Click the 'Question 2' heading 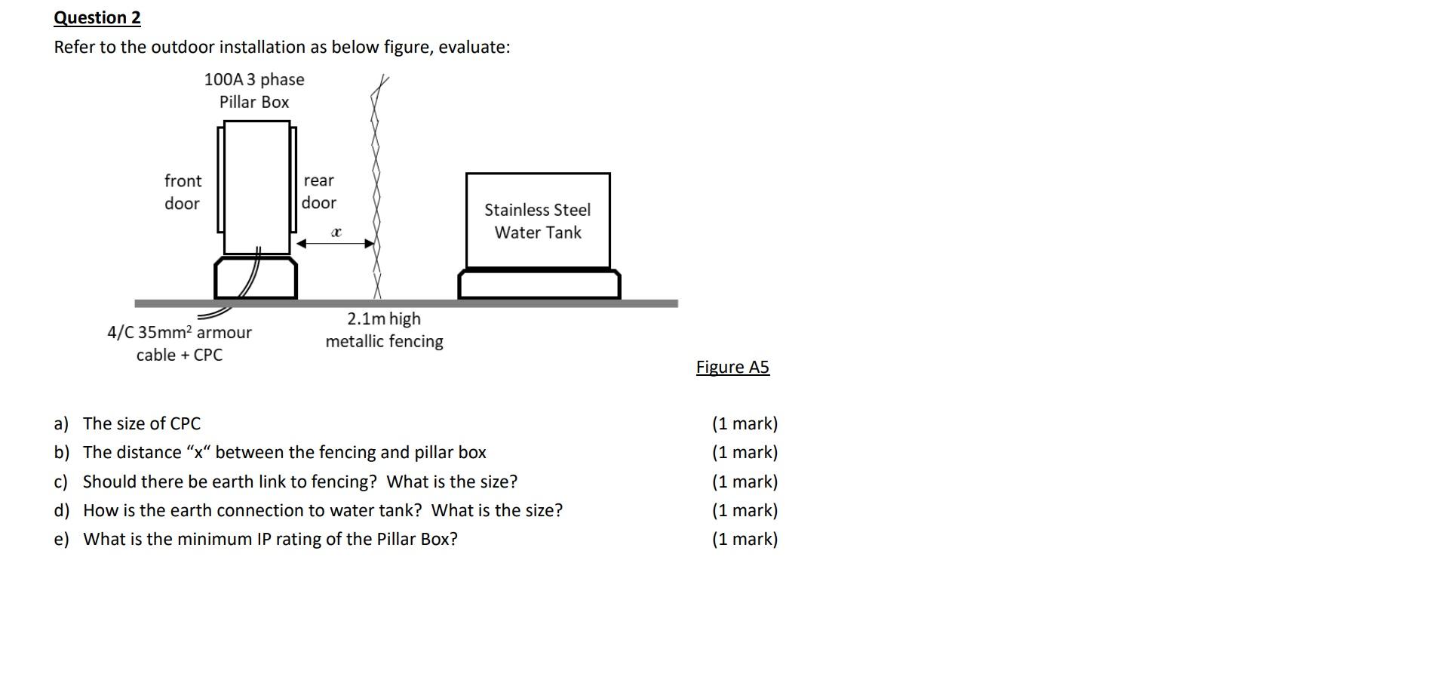click(97, 17)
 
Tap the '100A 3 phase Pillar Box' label click(254, 91)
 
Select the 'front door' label click(183, 192)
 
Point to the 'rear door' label click(319, 192)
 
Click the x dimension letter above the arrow click(336, 232)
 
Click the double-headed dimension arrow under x click(336, 244)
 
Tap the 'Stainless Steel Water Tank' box click(538, 220)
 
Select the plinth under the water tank click(539, 285)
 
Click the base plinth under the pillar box click(256, 278)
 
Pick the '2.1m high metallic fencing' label click(384, 330)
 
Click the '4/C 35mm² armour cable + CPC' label click(180, 343)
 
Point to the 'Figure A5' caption click(732, 367)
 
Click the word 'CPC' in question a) click(185, 423)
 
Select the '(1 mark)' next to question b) click(745, 452)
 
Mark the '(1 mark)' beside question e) click(745, 539)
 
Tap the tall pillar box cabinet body click(256, 187)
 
